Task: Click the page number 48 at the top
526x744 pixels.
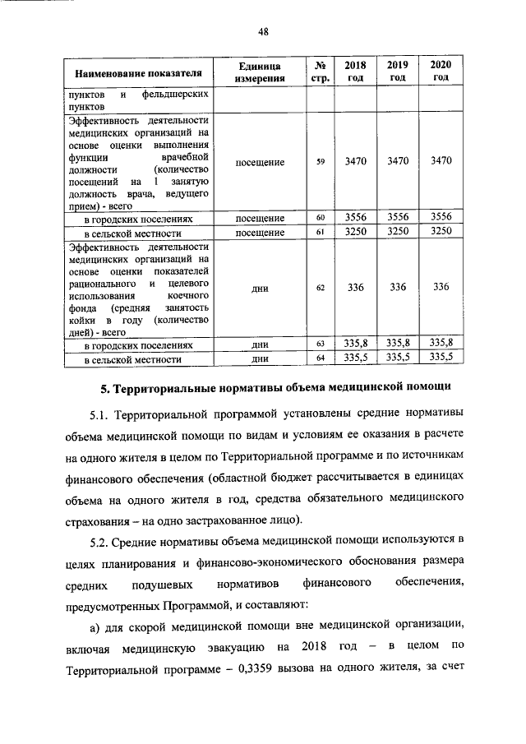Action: (x=263, y=31)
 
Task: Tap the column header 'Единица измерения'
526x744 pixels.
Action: (x=260, y=72)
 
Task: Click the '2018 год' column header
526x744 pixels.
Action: (x=355, y=71)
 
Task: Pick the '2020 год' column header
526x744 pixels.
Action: (x=441, y=71)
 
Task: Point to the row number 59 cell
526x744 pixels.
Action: (x=321, y=162)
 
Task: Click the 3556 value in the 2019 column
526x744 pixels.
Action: (x=398, y=218)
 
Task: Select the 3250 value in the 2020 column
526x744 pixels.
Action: (x=441, y=233)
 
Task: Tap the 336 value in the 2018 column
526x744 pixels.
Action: (x=355, y=287)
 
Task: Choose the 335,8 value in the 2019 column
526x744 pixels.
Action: (x=398, y=343)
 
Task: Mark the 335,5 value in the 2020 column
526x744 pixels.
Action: (x=441, y=358)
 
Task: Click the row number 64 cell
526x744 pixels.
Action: (x=321, y=358)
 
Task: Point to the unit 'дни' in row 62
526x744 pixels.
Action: (x=260, y=288)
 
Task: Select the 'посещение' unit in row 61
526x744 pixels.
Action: (x=260, y=233)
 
